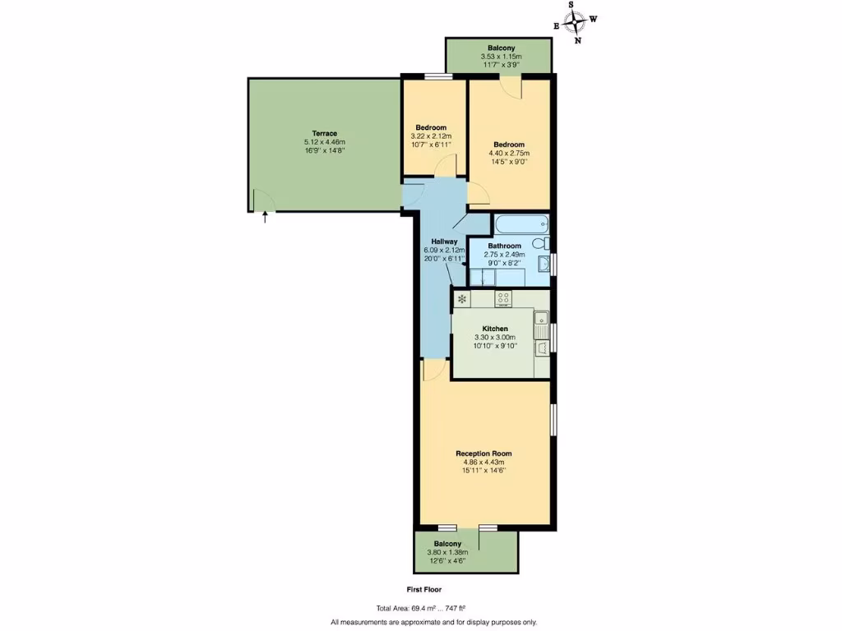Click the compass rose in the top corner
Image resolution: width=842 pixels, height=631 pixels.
[x=576, y=21]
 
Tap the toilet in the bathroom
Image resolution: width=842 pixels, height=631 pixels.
[x=539, y=243]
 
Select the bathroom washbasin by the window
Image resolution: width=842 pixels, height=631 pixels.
[x=543, y=264]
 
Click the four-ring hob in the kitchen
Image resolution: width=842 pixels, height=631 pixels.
[x=504, y=299]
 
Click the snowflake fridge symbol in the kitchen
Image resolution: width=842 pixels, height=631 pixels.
[x=462, y=299]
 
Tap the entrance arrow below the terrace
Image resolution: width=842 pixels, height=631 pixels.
[x=265, y=218]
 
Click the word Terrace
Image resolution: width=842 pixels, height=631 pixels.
[x=324, y=133]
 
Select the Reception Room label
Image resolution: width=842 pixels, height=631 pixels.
[x=484, y=453]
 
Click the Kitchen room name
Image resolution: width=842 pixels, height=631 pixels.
[x=494, y=329]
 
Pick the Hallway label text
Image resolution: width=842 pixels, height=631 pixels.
[x=444, y=242]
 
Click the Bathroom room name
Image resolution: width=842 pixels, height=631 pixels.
[x=504, y=246]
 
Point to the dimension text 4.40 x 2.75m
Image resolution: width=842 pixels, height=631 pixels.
[x=509, y=153]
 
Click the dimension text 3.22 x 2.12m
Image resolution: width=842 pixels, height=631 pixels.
[x=431, y=136]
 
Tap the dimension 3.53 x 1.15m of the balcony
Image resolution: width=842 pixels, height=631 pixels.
[x=501, y=56]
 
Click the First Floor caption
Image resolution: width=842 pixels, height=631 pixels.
[x=425, y=590]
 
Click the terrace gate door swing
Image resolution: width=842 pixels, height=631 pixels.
[x=262, y=200]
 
